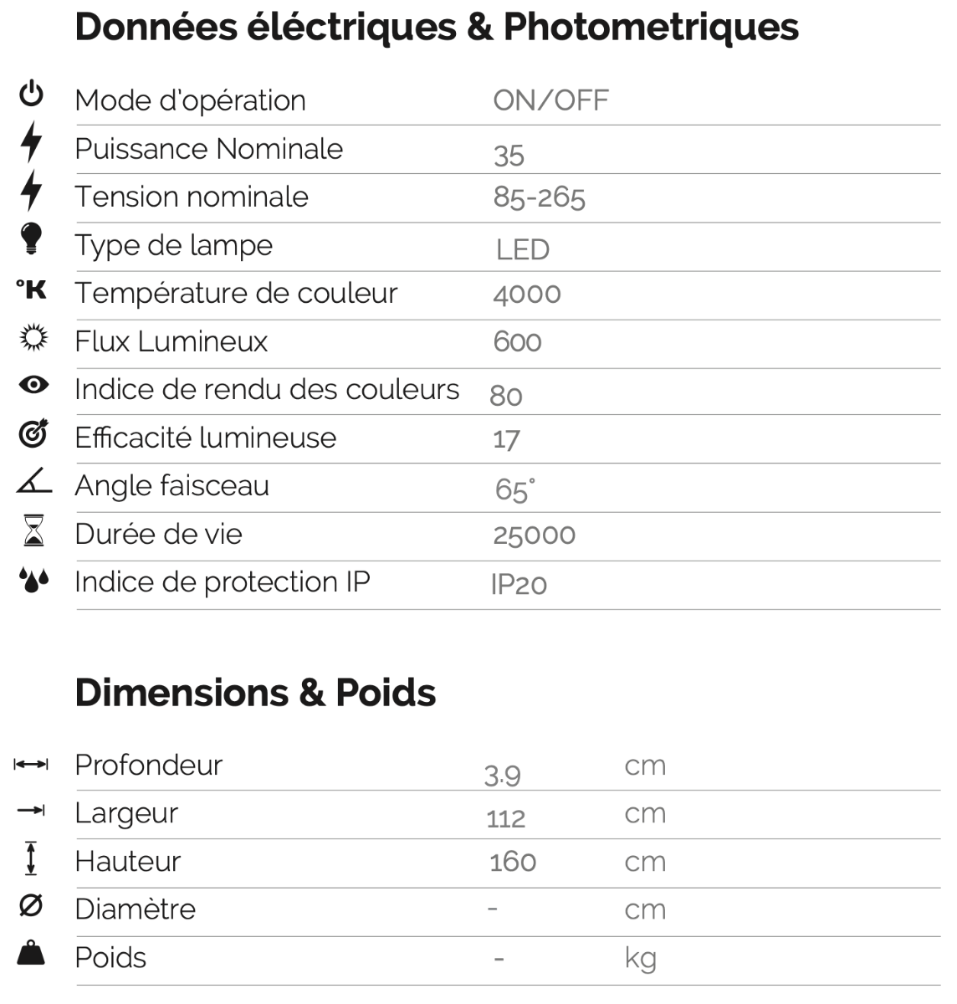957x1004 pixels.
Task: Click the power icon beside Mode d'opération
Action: click(x=32, y=94)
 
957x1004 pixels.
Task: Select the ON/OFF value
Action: click(x=550, y=101)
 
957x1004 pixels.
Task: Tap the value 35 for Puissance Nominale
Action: click(x=509, y=156)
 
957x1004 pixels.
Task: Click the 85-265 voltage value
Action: click(x=539, y=197)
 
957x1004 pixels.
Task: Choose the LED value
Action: click(x=522, y=249)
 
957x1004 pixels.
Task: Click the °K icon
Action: click(x=32, y=289)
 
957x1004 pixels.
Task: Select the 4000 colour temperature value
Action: click(x=527, y=295)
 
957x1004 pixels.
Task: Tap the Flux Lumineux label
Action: click(x=171, y=341)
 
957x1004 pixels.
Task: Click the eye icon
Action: click(x=33, y=385)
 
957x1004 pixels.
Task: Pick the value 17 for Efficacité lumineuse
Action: click(x=506, y=439)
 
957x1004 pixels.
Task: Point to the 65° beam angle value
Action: click(x=514, y=489)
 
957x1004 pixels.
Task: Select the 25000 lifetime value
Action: click(x=534, y=535)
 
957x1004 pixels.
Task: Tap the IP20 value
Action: click(x=519, y=584)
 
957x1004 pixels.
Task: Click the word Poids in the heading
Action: click(x=386, y=693)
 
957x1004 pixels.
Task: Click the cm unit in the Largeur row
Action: click(x=645, y=813)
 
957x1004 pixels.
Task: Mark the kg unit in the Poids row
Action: click(x=640, y=958)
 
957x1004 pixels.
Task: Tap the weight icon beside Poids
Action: click(x=31, y=953)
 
